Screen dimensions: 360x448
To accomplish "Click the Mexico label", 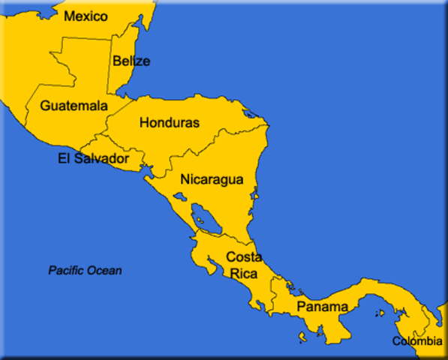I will click(86, 16).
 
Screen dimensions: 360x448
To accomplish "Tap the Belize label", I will click(131, 61).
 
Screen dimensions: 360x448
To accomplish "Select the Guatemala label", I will click(74, 106).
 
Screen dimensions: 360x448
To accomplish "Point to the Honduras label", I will click(170, 122).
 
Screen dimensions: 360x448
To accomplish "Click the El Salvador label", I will click(93, 159).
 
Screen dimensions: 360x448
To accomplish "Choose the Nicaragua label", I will click(212, 179).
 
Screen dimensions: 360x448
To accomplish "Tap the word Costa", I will click(244, 257).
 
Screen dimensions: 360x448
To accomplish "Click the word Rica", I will click(244, 274).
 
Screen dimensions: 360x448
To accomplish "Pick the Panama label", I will click(322, 307).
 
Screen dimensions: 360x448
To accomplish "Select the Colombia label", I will click(417, 341).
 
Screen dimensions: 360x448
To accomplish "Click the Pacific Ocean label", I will click(85, 270).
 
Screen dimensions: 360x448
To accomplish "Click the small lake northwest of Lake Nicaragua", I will click(179, 197).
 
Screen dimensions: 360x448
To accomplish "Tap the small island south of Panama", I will click(302, 339).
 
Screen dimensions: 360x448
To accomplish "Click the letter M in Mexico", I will click(69, 16).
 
